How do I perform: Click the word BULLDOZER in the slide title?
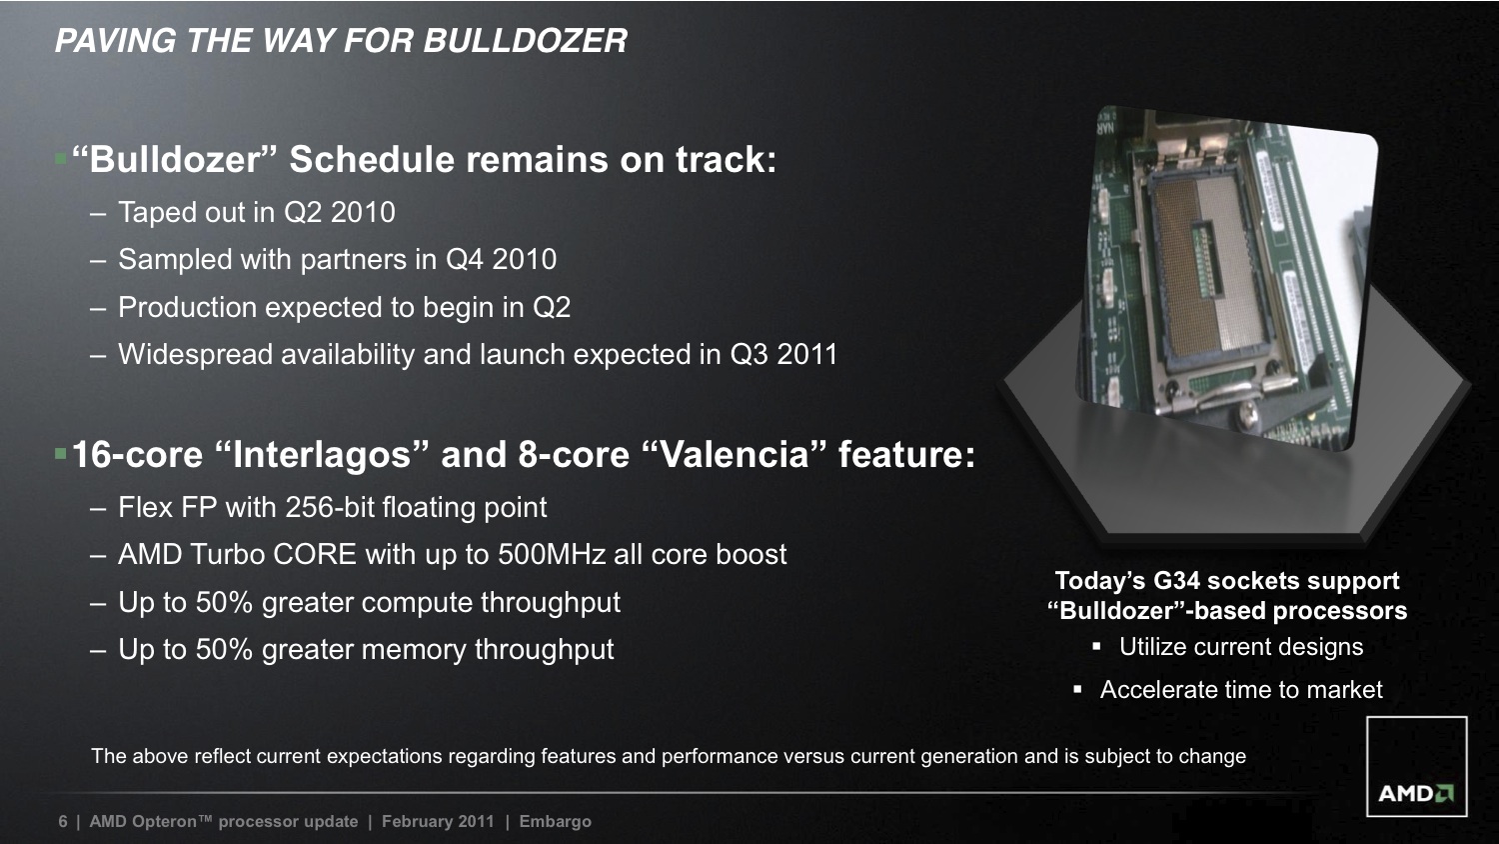click(x=526, y=41)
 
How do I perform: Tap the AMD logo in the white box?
click(x=1415, y=794)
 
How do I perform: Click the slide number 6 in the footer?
click(x=63, y=821)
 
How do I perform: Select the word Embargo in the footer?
click(x=556, y=822)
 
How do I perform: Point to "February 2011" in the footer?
click(x=438, y=822)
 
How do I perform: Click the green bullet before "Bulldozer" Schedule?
click(x=60, y=159)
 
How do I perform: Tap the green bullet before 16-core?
click(x=60, y=454)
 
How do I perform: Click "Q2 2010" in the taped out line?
click(x=340, y=212)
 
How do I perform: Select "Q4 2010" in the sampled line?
click(x=501, y=259)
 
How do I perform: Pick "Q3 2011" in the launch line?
click(x=783, y=354)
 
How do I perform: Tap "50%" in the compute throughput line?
click(x=224, y=602)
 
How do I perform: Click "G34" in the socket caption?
click(x=1181, y=581)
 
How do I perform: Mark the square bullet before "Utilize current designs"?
click(x=1096, y=646)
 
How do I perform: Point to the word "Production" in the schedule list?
click(x=188, y=307)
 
